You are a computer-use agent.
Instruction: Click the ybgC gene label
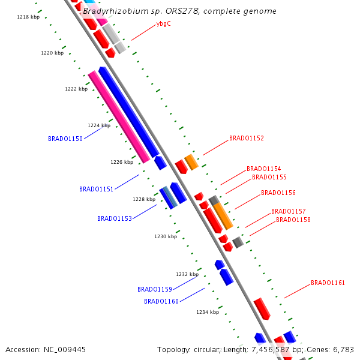click(163, 24)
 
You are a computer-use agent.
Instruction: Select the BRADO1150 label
click(65, 139)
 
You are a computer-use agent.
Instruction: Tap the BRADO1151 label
click(97, 189)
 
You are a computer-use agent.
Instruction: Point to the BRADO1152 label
click(247, 138)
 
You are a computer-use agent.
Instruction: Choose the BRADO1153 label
click(115, 218)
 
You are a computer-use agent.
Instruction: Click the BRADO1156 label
click(278, 193)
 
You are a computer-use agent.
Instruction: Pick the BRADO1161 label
click(328, 283)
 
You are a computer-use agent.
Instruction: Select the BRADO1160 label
click(161, 301)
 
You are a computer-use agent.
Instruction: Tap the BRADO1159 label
click(155, 289)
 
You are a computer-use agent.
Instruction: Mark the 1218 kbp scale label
click(28, 17)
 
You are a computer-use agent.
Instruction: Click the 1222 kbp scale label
click(76, 89)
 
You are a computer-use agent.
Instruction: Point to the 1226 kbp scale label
click(122, 162)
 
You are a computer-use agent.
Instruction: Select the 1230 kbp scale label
click(166, 236)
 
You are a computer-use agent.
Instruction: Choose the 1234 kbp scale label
click(208, 312)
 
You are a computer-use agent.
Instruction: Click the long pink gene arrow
click(119, 116)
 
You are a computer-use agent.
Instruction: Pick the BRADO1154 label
click(264, 169)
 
